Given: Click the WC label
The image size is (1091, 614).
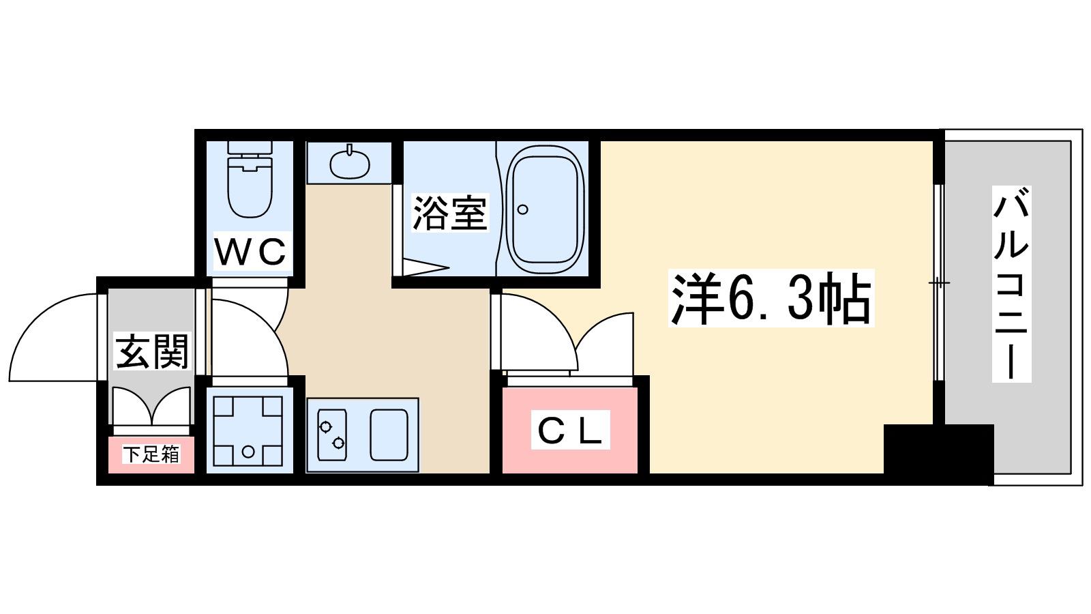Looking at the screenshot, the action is click(x=250, y=252).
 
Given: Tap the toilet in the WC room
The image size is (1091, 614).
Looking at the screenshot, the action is click(x=250, y=179).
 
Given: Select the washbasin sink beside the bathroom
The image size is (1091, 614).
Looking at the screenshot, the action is click(x=349, y=162).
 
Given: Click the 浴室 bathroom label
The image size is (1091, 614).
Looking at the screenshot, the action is click(x=450, y=213).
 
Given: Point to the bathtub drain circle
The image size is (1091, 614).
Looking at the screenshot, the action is click(x=522, y=209).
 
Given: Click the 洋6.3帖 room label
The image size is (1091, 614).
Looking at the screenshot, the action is click(x=771, y=297).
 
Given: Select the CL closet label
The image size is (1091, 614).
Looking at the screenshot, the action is click(x=570, y=430).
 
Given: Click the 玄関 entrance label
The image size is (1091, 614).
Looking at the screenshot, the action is click(x=151, y=351).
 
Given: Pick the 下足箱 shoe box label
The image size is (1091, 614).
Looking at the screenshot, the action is click(x=151, y=454).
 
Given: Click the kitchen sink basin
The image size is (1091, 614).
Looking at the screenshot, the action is click(x=389, y=435).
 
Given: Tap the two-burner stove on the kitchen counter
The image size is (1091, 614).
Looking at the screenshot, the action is click(x=332, y=435).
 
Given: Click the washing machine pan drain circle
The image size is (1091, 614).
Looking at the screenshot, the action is click(x=248, y=452).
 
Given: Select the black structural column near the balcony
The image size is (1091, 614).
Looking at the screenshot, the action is click(x=938, y=454).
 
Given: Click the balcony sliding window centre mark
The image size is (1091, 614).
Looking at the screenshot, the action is click(x=938, y=282).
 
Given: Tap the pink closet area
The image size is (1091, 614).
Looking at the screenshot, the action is click(x=570, y=430).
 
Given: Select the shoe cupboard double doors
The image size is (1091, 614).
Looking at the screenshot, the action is click(x=151, y=406).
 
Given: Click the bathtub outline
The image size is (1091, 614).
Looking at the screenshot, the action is click(x=545, y=209).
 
